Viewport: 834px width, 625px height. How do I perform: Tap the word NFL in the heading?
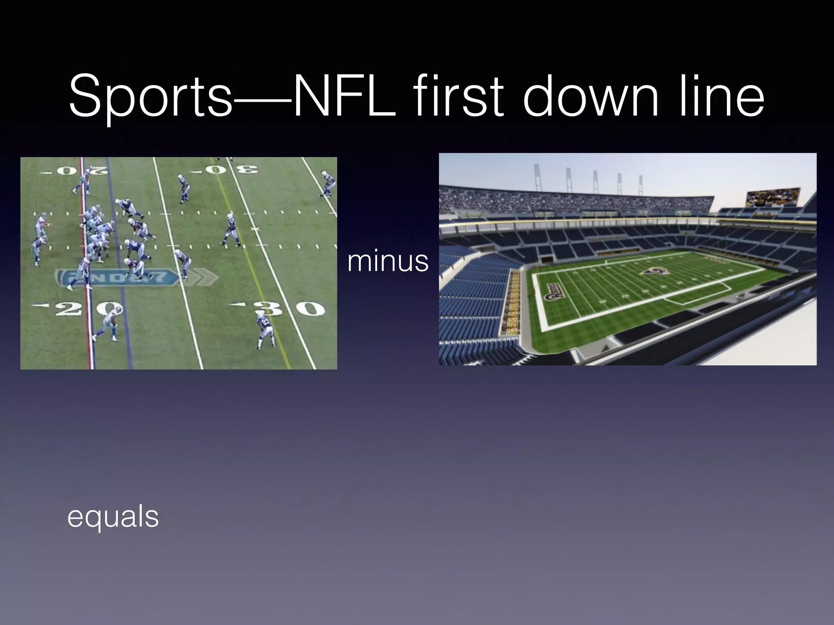(x=344, y=96)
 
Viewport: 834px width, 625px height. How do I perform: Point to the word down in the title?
(x=590, y=96)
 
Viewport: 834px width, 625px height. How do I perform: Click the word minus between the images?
(x=388, y=261)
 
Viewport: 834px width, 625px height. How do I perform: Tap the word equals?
(x=113, y=517)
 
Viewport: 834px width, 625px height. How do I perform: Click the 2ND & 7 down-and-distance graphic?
(x=118, y=278)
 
